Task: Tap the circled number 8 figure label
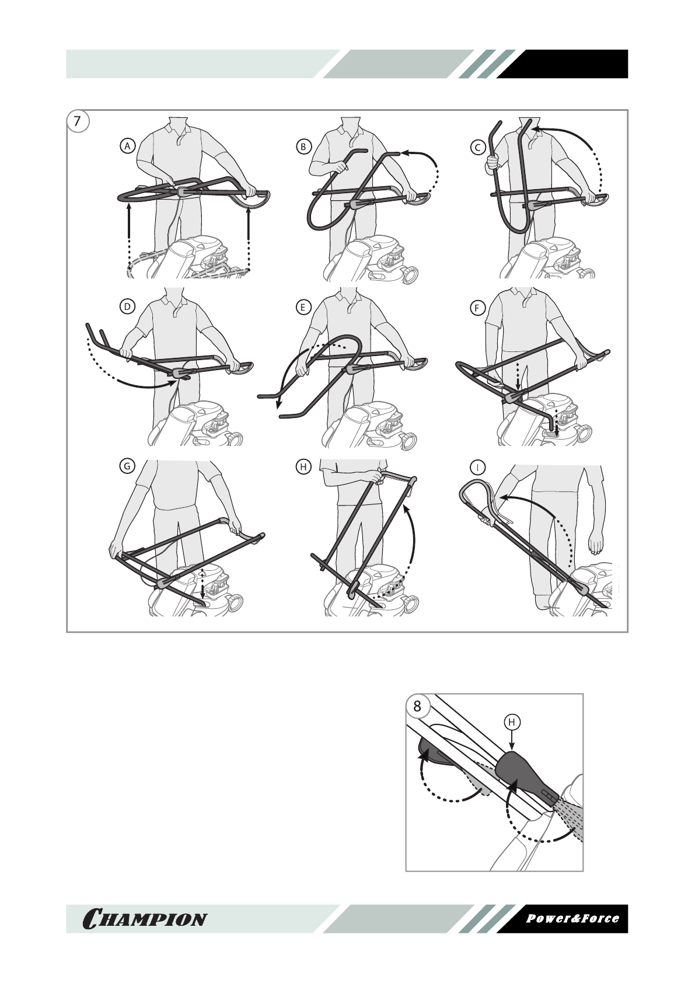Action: click(417, 706)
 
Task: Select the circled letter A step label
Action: click(127, 147)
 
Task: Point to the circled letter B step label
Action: click(303, 147)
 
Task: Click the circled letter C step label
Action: click(478, 147)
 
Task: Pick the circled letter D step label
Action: click(127, 306)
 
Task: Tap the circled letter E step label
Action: click(303, 306)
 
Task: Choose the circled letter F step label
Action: click(478, 306)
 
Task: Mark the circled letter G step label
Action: click(126, 466)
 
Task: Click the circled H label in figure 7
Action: click(303, 466)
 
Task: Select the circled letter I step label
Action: click(478, 466)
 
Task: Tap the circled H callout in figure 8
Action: click(512, 723)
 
